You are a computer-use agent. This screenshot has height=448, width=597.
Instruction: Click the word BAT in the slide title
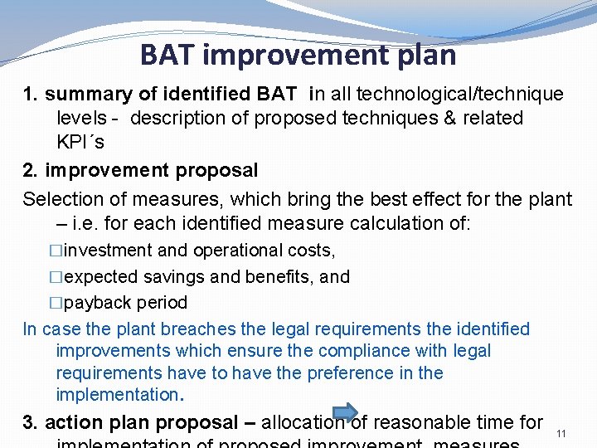(x=167, y=55)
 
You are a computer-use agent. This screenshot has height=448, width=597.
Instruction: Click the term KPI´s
(x=80, y=142)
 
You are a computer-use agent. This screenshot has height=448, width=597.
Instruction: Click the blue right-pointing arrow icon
(x=344, y=411)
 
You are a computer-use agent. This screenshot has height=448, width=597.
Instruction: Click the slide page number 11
(x=561, y=434)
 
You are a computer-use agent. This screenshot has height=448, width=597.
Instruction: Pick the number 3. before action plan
(x=31, y=423)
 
